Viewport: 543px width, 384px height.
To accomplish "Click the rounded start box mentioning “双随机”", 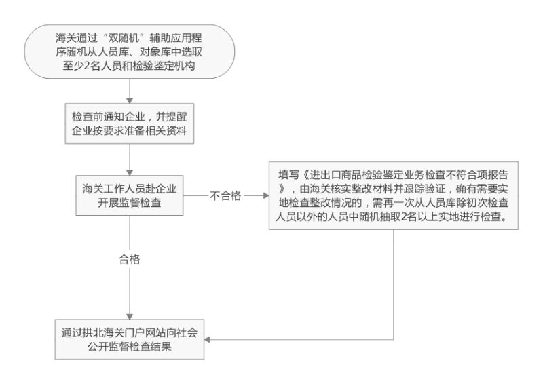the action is [129, 52].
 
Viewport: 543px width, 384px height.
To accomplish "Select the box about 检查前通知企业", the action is [130, 123].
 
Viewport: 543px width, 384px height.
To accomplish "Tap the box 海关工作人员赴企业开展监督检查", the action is [130, 195].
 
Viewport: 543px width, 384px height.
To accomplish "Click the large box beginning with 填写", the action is [394, 195].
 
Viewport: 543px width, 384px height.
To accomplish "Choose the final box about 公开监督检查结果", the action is [130, 339].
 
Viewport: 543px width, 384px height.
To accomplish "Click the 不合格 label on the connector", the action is [225, 196].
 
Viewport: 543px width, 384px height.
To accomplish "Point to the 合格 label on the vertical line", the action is [130, 259].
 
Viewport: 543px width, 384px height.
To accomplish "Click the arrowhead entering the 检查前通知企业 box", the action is [130, 100].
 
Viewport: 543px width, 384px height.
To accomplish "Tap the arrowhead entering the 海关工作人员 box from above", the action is [130, 172].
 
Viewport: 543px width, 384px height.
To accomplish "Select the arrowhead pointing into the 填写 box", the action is [266, 195].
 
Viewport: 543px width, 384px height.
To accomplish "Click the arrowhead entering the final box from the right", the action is [207, 339].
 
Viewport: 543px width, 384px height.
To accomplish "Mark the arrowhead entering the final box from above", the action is [130, 316].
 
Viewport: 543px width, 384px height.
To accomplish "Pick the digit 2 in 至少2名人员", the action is [87, 66].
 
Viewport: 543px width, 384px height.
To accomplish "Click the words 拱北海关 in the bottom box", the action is [98, 332].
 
